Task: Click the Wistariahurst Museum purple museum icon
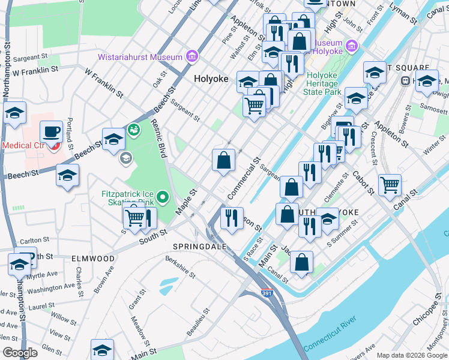[192, 57]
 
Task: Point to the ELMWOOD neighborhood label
[93, 258]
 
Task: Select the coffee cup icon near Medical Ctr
[52, 131]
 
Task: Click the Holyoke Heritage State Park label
[324, 83]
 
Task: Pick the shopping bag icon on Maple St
[223, 160]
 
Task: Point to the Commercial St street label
[243, 178]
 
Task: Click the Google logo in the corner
[20, 353]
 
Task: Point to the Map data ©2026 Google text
[412, 355]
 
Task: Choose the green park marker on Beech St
[133, 129]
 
